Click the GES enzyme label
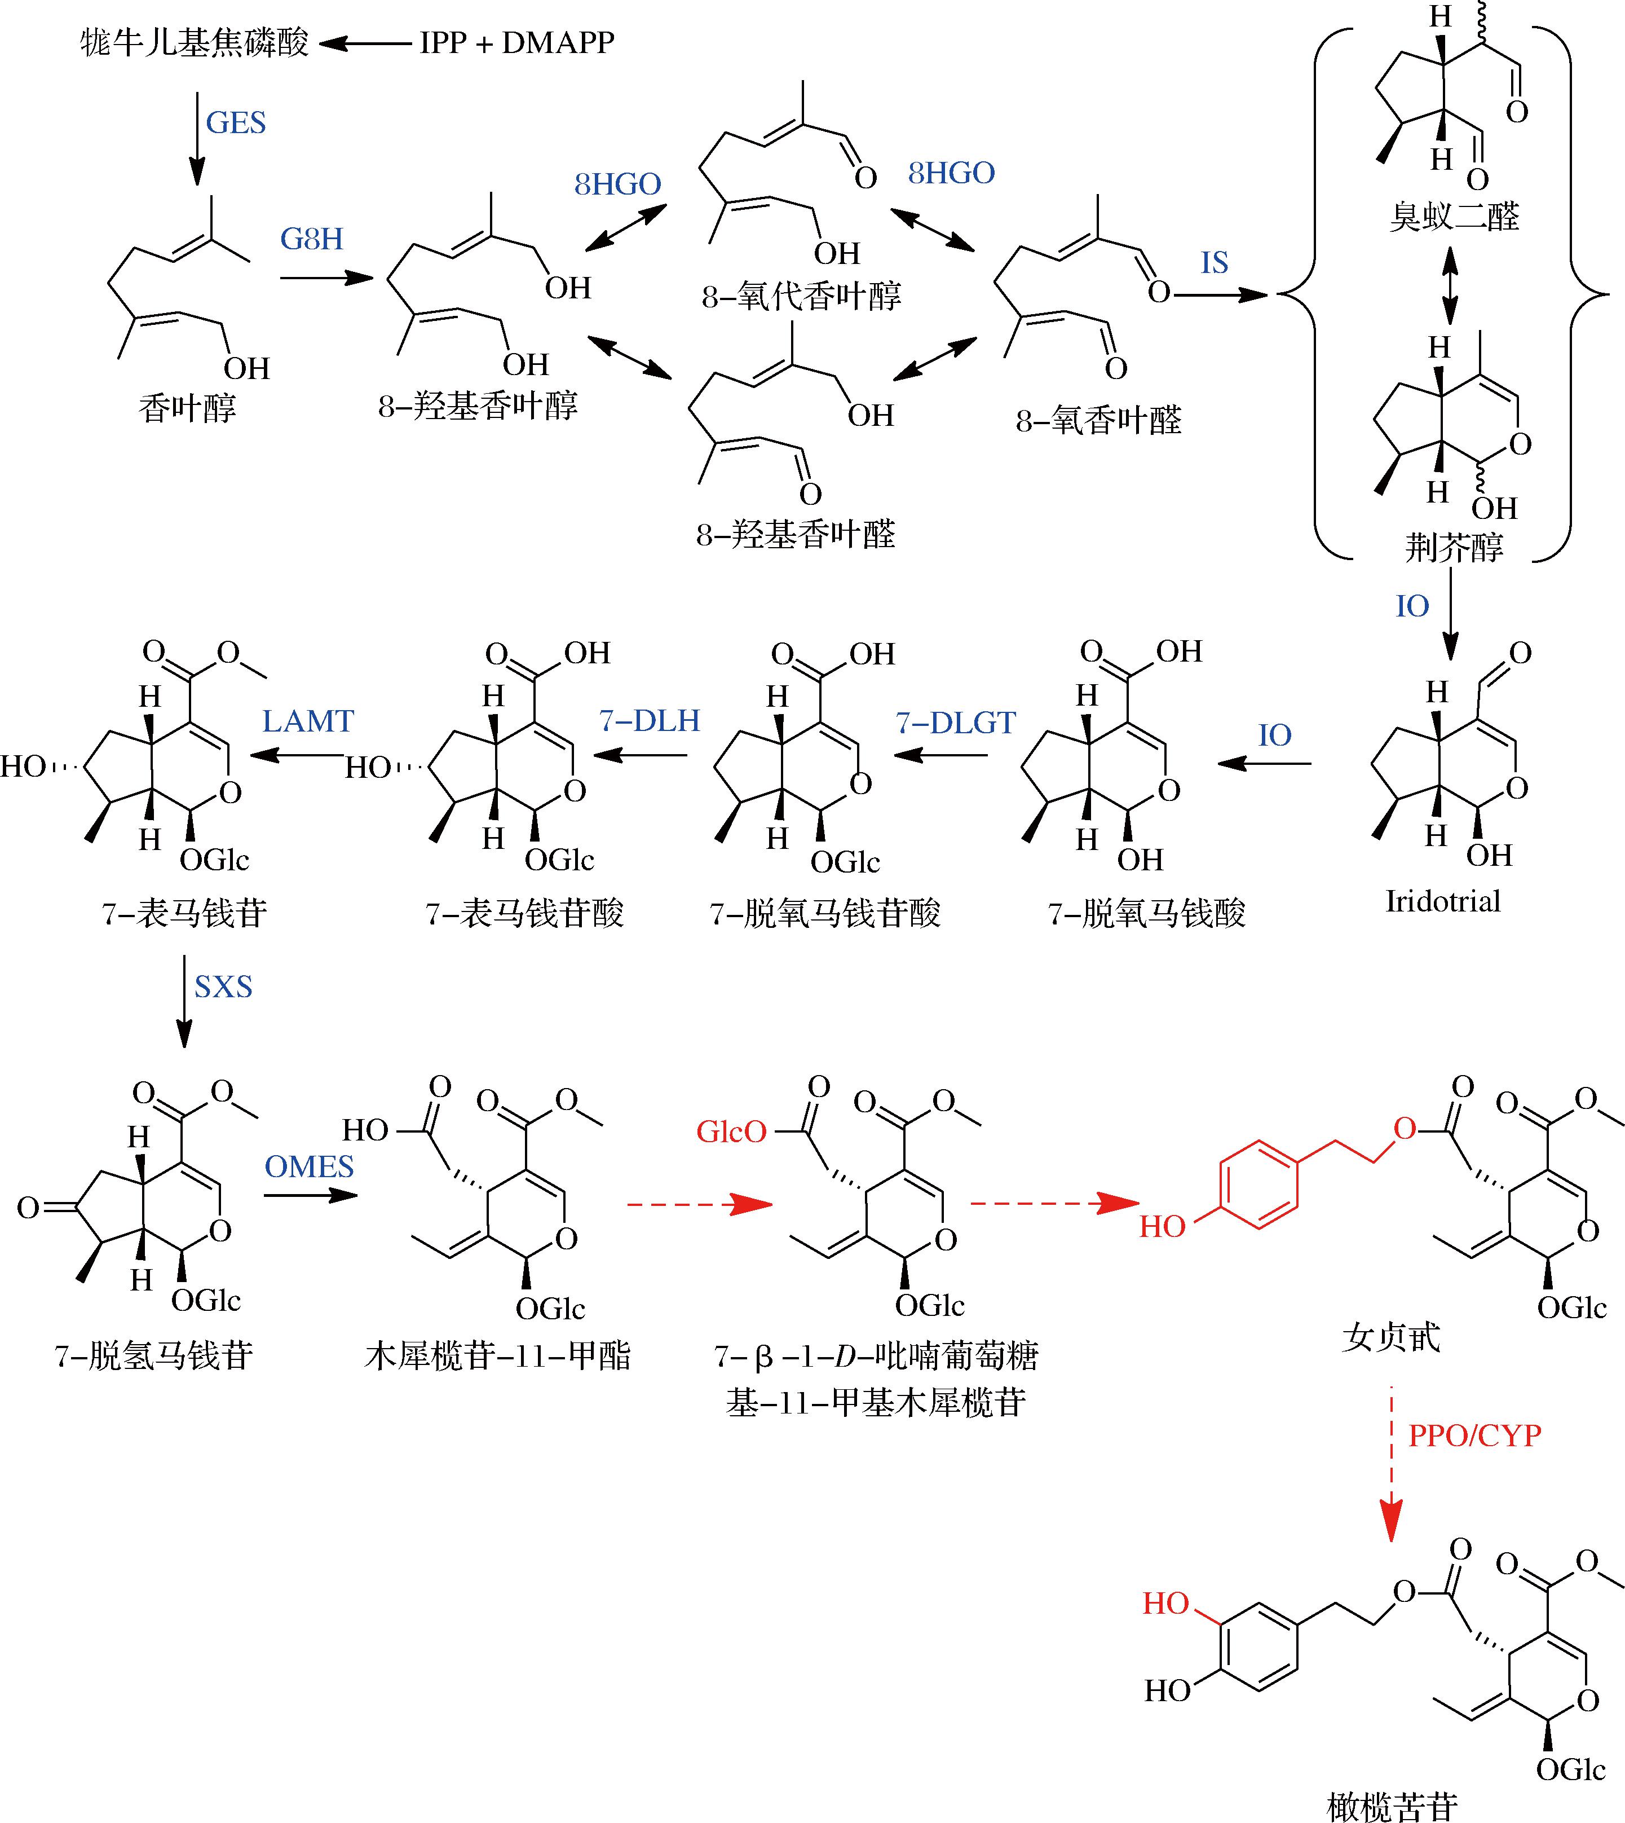point(236,122)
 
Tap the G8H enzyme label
point(312,239)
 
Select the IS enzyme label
point(1215,263)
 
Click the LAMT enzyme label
point(308,721)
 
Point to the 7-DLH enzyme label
point(649,721)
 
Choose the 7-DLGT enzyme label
point(955,723)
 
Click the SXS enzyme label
point(223,987)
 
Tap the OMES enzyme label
point(309,1166)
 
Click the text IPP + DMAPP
point(517,42)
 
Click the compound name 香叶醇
point(188,408)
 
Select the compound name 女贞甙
point(1391,1337)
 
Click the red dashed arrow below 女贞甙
point(1391,1465)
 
